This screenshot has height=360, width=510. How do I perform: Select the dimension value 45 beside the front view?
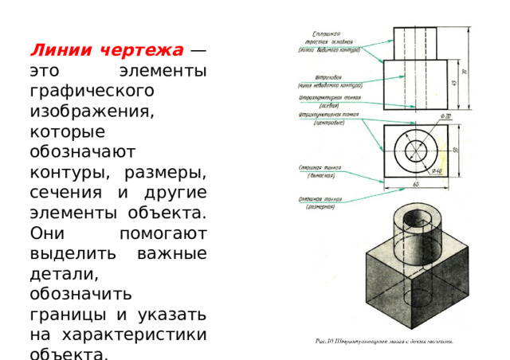(x=453, y=83)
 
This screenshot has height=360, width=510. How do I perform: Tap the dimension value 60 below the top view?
(x=416, y=185)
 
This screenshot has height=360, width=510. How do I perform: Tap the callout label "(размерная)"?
(x=323, y=207)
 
